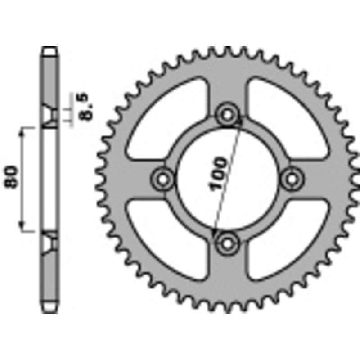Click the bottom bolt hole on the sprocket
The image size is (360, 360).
[x=228, y=243]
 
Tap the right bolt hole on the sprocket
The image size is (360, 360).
[x=292, y=178]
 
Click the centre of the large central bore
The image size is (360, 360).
[x=228, y=178]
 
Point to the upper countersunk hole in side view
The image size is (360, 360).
[x=50, y=115]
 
